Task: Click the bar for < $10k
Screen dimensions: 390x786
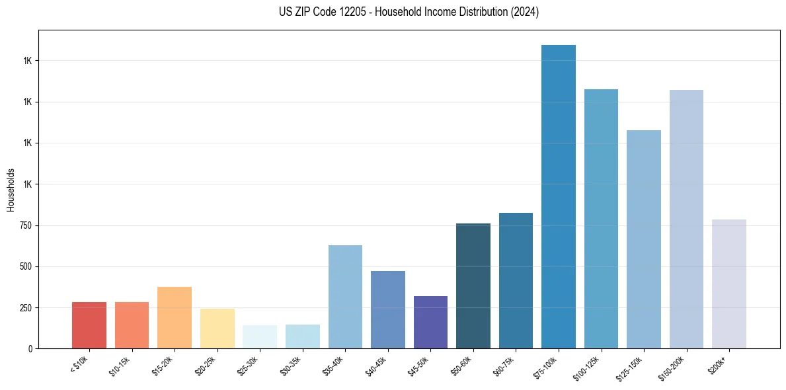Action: click(x=89, y=325)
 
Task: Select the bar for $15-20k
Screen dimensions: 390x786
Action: click(x=175, y=317)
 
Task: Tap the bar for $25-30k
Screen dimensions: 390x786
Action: click(x=260, y=336)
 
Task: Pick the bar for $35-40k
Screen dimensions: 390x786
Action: click(x=345, y=297)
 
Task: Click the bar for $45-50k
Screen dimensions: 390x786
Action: click(x=430, y=322)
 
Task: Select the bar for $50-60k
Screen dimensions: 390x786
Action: click(x=473, y=286)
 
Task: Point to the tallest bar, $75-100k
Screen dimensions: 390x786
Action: click(x=559, y=196)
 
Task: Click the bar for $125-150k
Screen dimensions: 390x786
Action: click(x=644, y=239)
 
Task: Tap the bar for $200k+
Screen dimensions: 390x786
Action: click(x=729, y=284)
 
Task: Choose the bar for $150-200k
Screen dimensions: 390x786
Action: click(x=686, y=219)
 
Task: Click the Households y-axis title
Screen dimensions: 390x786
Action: click(x=11, y=189)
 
